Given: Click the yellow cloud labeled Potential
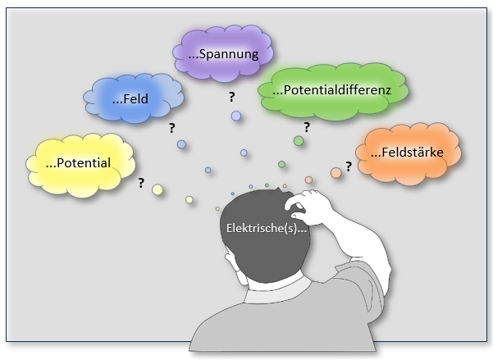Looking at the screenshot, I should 79,162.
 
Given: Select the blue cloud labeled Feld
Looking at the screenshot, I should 135,98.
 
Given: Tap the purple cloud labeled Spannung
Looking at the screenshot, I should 222,55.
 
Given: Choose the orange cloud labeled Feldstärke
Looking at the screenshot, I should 408,152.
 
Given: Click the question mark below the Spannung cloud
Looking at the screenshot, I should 232,97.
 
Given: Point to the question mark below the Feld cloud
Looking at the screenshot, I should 171,128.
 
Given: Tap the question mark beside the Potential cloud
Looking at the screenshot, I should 141,183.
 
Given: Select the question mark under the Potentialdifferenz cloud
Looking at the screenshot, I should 307,127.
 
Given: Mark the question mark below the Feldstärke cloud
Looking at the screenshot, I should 349,166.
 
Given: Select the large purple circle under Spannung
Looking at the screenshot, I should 236,116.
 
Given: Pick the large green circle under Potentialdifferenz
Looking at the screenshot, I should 299,141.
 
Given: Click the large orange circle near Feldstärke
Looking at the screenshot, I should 336,172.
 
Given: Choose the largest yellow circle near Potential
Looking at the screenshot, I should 157,190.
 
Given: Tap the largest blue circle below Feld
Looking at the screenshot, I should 181,144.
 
